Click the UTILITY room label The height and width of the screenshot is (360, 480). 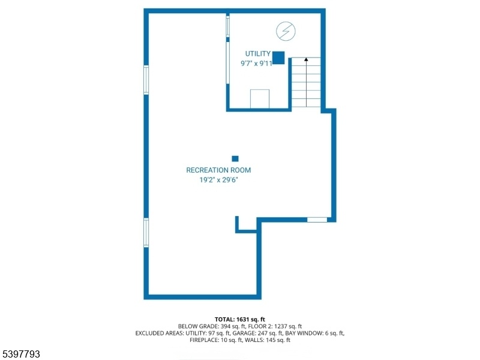pyautogui.click(x=258, y=54)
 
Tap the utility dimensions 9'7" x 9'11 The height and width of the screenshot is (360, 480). pyautogui.click(x=257, y=64)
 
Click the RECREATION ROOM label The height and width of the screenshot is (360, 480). pyautogui.click(x=218, y=170)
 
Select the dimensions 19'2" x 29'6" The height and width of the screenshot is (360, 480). pyautogui.click(x=218, y=180)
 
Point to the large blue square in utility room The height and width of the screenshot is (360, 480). pyautogui.click(x=278, y=58)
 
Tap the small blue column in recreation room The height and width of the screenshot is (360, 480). pyautogui.click(x=235, y=158)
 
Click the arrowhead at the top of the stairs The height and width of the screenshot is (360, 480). pyautogui.click(x=306, y=59)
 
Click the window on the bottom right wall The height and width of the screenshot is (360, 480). pyautogui.click(x=317, y=220)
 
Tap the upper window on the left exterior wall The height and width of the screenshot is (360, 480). pyautogui.click(x=146, y=80)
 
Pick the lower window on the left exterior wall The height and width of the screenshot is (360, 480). pyautogui.click(x=146, y=233)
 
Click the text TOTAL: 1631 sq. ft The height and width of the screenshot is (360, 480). pyautogui.click(x=239, y=320)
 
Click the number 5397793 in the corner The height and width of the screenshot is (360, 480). pyautogui.click(x=20, y=354)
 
